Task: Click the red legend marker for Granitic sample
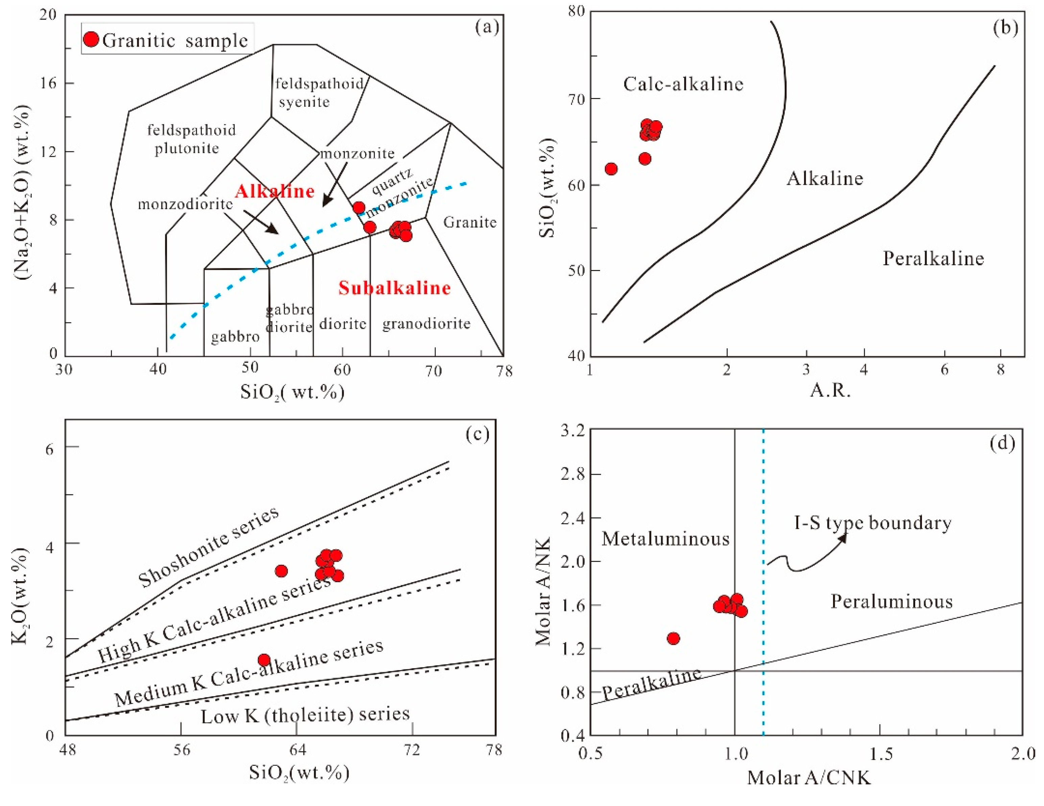91,39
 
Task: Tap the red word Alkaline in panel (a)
275,192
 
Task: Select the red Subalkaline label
394,288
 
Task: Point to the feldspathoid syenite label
319,93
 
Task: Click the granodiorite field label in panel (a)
426,324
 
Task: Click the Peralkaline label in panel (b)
933,259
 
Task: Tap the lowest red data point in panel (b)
611,169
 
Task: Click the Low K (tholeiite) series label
305,715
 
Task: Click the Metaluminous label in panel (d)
665,539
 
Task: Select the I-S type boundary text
872,523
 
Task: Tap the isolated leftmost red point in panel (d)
673,638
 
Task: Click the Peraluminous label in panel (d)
892,602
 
